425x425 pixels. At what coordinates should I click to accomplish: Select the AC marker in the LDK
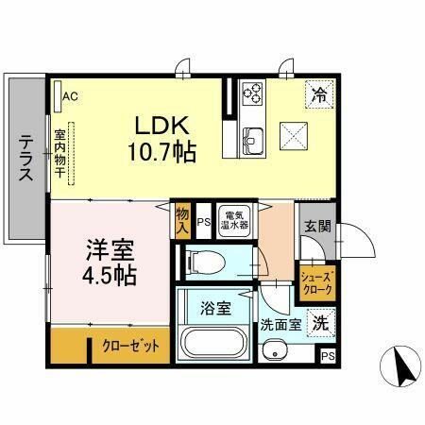70,95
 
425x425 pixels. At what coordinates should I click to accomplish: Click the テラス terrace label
26,159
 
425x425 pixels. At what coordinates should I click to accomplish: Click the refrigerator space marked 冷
318,94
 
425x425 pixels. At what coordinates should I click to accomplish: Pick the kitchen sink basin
252,142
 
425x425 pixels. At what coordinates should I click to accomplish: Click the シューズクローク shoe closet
314,283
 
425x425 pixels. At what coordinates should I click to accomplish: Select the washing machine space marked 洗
321,321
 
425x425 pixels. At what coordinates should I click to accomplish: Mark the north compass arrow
400,365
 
